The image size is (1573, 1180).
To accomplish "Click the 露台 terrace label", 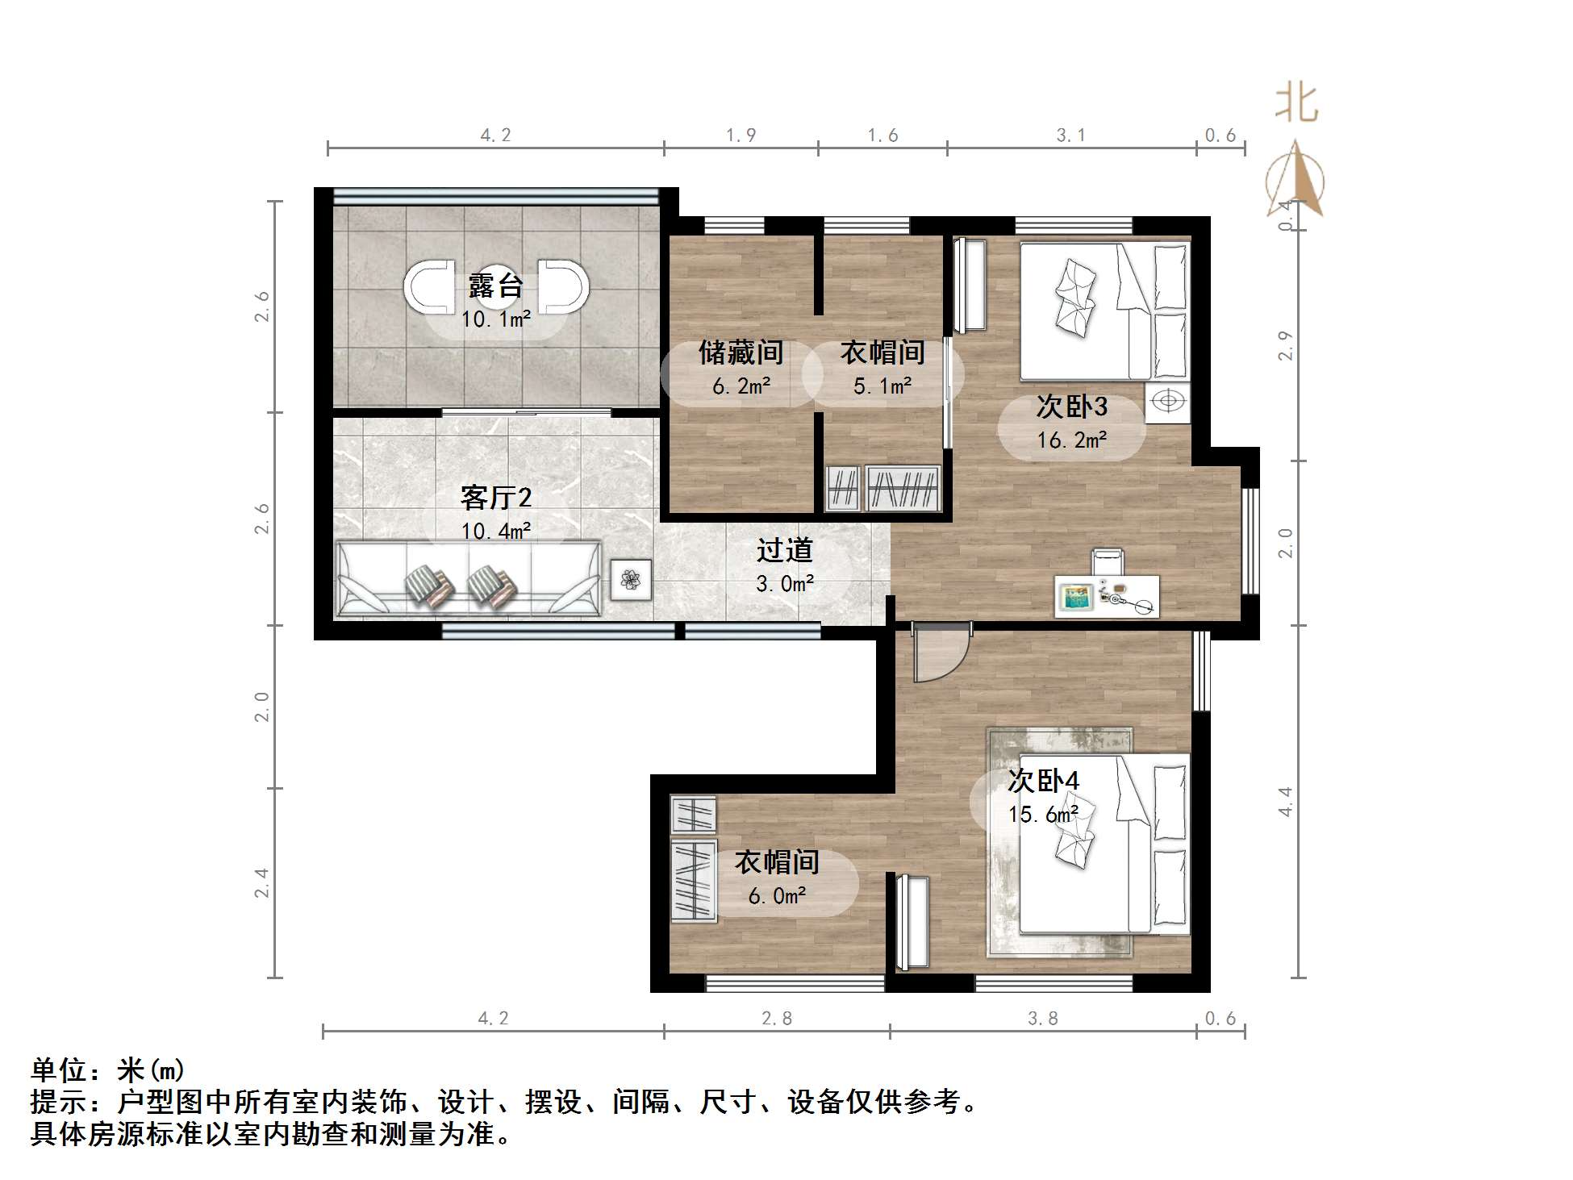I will pos(495,286).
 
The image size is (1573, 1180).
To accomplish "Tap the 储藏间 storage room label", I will pos(741,352).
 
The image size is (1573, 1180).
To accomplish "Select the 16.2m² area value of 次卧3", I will pos(1071,440).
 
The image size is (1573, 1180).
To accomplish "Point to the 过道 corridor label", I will pos(784,551).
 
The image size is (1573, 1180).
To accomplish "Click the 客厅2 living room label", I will pos(495,498).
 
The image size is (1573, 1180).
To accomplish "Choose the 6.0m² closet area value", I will pos(777,896).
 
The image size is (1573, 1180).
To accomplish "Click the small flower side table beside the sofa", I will pos(630,579).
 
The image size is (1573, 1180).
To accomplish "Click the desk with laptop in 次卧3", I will pos(1107,596).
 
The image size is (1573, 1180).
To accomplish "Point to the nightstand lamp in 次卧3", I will pos(1167,401).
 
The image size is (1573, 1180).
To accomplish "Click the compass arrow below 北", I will pos(1296,181).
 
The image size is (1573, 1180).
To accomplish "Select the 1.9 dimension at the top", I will pos(741,136).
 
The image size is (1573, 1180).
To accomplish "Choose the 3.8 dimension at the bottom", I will pos(1042,1019).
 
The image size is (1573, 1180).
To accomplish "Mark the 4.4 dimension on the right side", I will pos(1285,802).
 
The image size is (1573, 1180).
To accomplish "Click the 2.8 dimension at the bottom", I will pos(777,1019).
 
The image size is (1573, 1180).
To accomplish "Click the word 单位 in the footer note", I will pos(58,1070).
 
